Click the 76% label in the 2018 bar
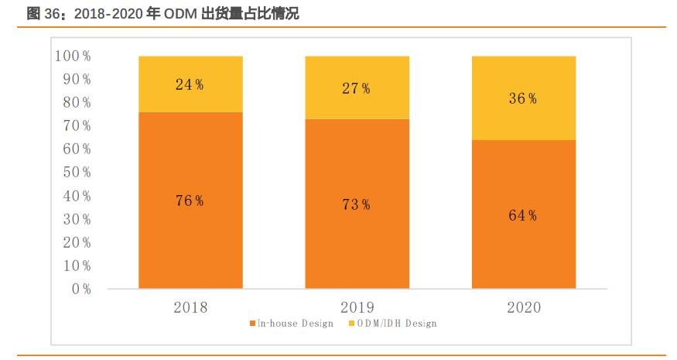190,201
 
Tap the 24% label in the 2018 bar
190,85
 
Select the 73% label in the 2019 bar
356,205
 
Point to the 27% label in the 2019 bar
356,89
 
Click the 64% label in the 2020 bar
523,216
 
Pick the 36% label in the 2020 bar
523,99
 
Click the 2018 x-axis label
190,307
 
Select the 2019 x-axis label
357,307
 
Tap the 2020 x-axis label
524,307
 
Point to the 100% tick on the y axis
73,57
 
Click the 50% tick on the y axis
76,173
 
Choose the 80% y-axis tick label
76,103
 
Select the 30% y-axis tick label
76,220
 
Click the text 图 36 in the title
42,13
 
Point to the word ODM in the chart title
180,13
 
